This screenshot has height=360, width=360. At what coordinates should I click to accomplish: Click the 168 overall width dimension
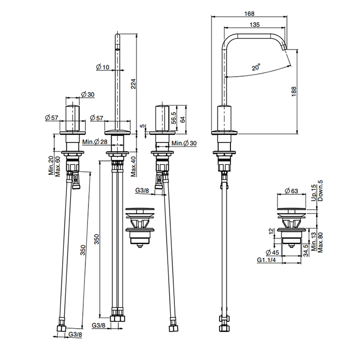[249, 14]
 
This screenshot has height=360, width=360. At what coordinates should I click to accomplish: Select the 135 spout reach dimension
[255, 25]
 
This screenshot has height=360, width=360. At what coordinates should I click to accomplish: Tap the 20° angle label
[256, 67]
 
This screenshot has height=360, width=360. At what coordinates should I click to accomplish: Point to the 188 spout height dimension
[294, 92]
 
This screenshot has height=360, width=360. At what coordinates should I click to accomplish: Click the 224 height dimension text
[133, 84]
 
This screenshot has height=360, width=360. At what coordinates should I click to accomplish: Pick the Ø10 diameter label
[102, 67]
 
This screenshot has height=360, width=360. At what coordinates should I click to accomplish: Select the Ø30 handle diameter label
[88, 94]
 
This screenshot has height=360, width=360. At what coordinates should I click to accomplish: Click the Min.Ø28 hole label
[95, 142]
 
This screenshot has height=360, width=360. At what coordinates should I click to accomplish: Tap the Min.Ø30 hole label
[184, 143]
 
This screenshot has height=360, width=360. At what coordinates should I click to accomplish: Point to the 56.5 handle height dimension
[174, 118]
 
